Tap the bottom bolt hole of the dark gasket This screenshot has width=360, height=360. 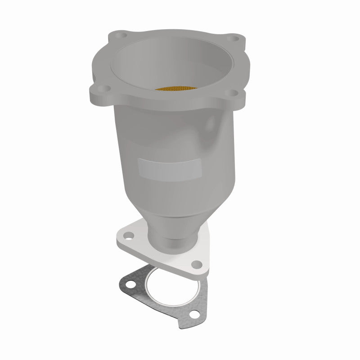coord(194,315)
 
